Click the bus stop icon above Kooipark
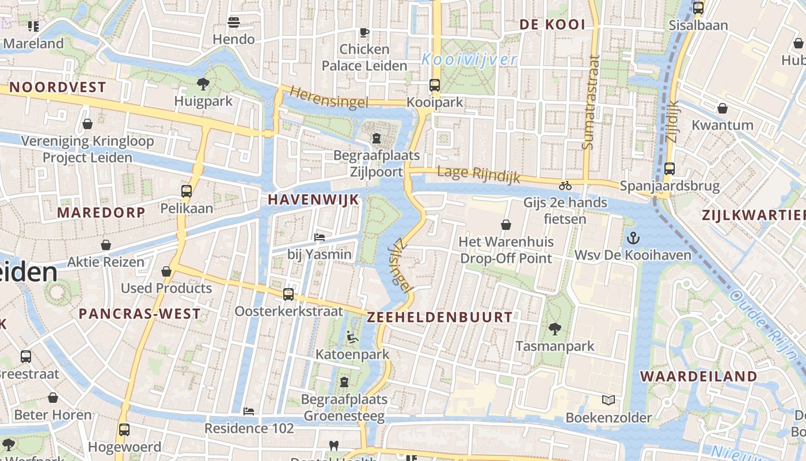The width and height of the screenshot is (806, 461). [435, 85]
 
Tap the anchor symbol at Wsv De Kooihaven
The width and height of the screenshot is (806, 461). [633, 238]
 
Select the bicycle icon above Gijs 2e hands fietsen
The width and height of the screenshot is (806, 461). [565, 186]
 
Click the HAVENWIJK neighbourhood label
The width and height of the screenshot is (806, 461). [314, 199]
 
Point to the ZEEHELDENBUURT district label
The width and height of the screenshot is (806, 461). [439, 317]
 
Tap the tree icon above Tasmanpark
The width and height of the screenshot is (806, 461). [554, 329]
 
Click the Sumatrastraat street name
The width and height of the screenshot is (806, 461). [591, 103]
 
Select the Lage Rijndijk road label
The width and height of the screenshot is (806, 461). [478, 174]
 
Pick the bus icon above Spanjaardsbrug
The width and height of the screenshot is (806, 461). [669, 169]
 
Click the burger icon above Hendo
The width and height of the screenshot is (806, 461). [234, 22]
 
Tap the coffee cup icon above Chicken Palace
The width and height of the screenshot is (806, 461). [364, 32]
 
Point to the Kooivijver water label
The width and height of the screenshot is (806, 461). [469, 59]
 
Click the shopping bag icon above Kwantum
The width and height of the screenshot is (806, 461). [722, 108]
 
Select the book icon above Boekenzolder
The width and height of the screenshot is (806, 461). [609, 400]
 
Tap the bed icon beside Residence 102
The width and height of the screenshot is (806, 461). [249, 411]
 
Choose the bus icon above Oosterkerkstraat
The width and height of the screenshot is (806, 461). [288, 294]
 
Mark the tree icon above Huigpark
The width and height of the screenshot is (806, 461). [203, 84]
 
